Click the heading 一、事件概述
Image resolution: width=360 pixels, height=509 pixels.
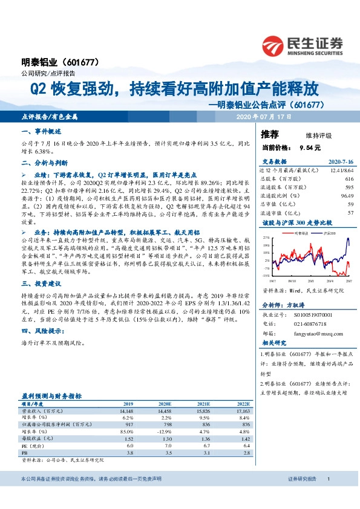point(41,131)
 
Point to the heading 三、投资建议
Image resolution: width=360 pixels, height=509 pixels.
point(41,283)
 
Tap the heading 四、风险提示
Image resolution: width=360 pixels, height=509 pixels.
point(42,331)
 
